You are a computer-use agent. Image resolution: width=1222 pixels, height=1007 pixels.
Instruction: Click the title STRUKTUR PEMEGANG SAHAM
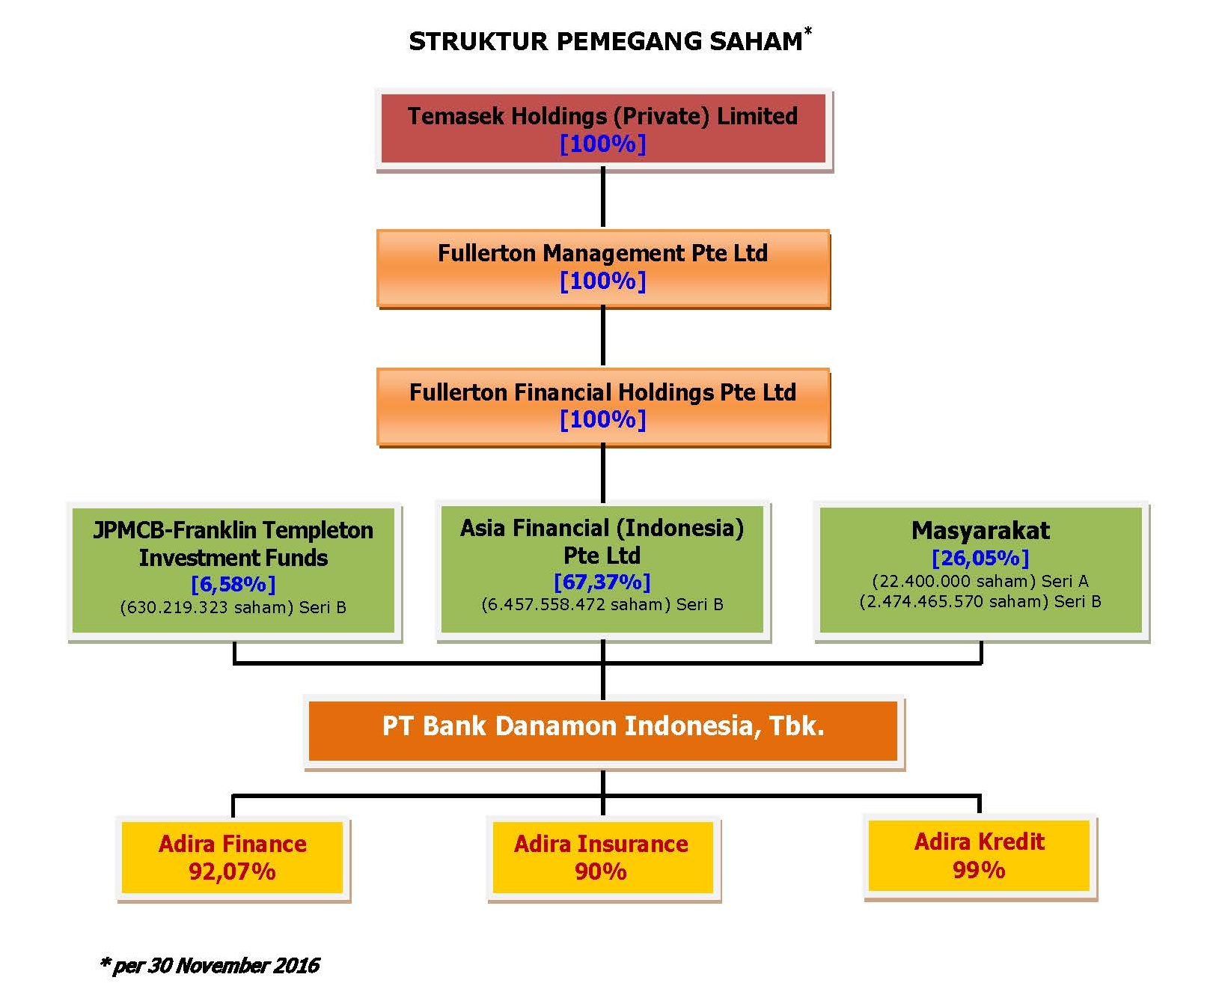pyautogui.click(x=605, y=41)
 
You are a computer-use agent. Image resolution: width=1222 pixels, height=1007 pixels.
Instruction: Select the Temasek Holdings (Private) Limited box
pyautogui.click(x=604, y=129)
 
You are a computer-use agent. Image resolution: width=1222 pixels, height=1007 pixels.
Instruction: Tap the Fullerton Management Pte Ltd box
pyautogui.click(x=604, y=267)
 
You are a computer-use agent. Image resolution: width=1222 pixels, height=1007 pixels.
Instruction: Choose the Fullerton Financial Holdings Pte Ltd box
pyautogui.click(x=604, y=407)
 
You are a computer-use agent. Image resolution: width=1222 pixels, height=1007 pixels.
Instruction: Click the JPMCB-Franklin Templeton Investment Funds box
pyautogui.click(x=234, y=571)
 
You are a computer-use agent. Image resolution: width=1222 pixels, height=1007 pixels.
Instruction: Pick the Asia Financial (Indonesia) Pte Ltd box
pyautogui.click(x=602, y=571)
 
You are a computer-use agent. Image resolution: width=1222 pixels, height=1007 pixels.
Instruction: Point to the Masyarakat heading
pyautogui.click(x=980, y=530)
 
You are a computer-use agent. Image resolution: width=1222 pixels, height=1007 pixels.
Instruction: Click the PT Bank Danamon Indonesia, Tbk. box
pyautogui.click(x=603, y=730)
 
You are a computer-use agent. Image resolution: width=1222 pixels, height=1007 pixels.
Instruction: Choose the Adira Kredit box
pyautogui.click(x=980, y=857)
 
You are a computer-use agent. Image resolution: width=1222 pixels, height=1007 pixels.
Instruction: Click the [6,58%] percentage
pyautogui.click(x=233, y=584)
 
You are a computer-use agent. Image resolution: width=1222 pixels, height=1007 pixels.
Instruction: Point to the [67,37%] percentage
pyautogui.click(x=602, y=582)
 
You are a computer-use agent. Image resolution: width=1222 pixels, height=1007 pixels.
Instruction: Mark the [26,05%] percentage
pyautogui.click(x=980, y=558)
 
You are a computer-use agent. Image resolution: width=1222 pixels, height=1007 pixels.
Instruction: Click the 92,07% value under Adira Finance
pyautogui.click(x=232, y=871)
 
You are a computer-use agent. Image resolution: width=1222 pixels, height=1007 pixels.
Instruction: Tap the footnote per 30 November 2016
pyautogui.click(x=210, y=965)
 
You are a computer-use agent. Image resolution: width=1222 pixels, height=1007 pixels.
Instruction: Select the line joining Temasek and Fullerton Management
pyautogui.click(x=603, y=199)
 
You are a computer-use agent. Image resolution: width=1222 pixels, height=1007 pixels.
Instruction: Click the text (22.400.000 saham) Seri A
pyautogui.click(x=980, y=581)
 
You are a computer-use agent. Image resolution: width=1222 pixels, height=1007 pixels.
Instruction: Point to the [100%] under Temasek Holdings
pyautogui.click(x=603, y=143)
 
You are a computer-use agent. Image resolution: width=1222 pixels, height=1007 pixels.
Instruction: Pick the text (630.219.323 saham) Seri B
pyautogui.click(x=233, y=607)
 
